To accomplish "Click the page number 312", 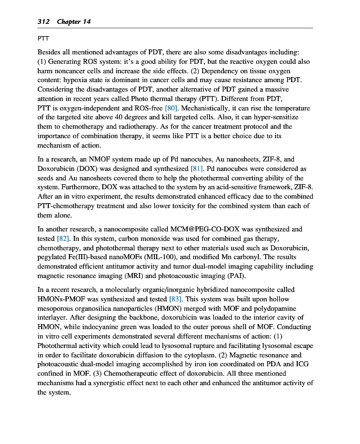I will pos(44,22).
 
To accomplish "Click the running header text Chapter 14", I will pos(73,22).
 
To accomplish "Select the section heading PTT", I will pos(43,39).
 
